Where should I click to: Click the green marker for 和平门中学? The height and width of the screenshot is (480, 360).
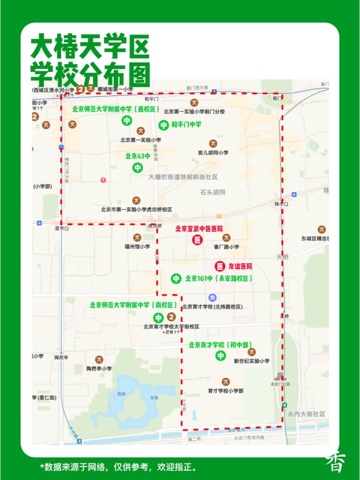point(163,125)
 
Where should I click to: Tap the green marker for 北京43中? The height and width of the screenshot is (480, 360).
point(138,167)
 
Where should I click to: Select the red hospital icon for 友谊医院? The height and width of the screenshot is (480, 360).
point(220,266)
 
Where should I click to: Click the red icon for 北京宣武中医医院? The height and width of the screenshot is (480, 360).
point(198,240)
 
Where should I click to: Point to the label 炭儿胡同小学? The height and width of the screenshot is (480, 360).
point(213,153)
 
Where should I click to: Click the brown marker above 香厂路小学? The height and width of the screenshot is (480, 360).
point(226,237)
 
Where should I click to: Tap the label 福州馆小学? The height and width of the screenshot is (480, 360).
point(137,247)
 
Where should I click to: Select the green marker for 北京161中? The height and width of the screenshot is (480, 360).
point(176,279)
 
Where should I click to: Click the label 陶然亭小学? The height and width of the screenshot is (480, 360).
point(99,369)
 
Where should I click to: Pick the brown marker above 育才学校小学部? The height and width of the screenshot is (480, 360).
point(225,382)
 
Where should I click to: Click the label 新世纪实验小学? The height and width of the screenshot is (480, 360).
point(252,361)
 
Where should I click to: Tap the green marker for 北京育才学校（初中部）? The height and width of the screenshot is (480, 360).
point(220,355)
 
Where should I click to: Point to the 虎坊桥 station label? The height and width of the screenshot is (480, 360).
point(154,226)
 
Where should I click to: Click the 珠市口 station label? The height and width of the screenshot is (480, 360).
point(281,204)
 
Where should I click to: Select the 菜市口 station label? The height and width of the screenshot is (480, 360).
point(61,228)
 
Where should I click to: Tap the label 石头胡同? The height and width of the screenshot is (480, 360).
point(213,192)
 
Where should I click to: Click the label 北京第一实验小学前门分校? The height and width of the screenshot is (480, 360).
point(194,112)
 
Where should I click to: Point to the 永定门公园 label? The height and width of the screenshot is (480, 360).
point(280,384)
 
